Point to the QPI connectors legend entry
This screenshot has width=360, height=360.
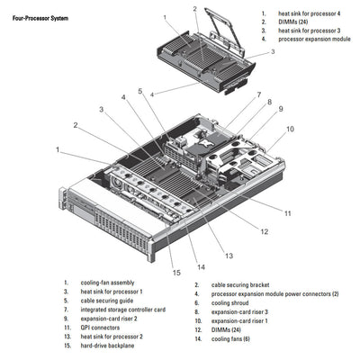point(98,328)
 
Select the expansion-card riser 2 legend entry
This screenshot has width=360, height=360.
point(106,319)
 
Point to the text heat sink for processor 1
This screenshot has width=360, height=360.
point(112,292)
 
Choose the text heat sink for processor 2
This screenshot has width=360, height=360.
point(112,337)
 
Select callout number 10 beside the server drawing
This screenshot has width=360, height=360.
point(291,129)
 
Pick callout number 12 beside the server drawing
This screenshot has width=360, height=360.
point(264,232)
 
